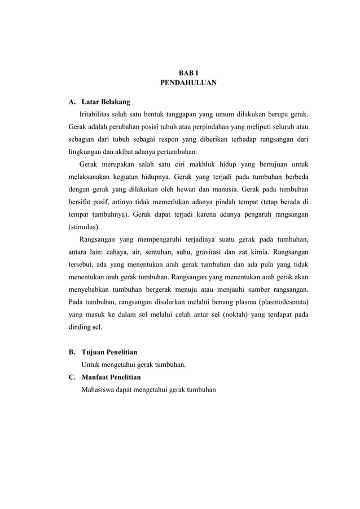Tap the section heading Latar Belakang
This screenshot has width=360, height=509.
(106, 102)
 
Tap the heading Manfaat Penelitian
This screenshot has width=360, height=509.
(111, 376)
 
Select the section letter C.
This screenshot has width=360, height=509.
(71, 376)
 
